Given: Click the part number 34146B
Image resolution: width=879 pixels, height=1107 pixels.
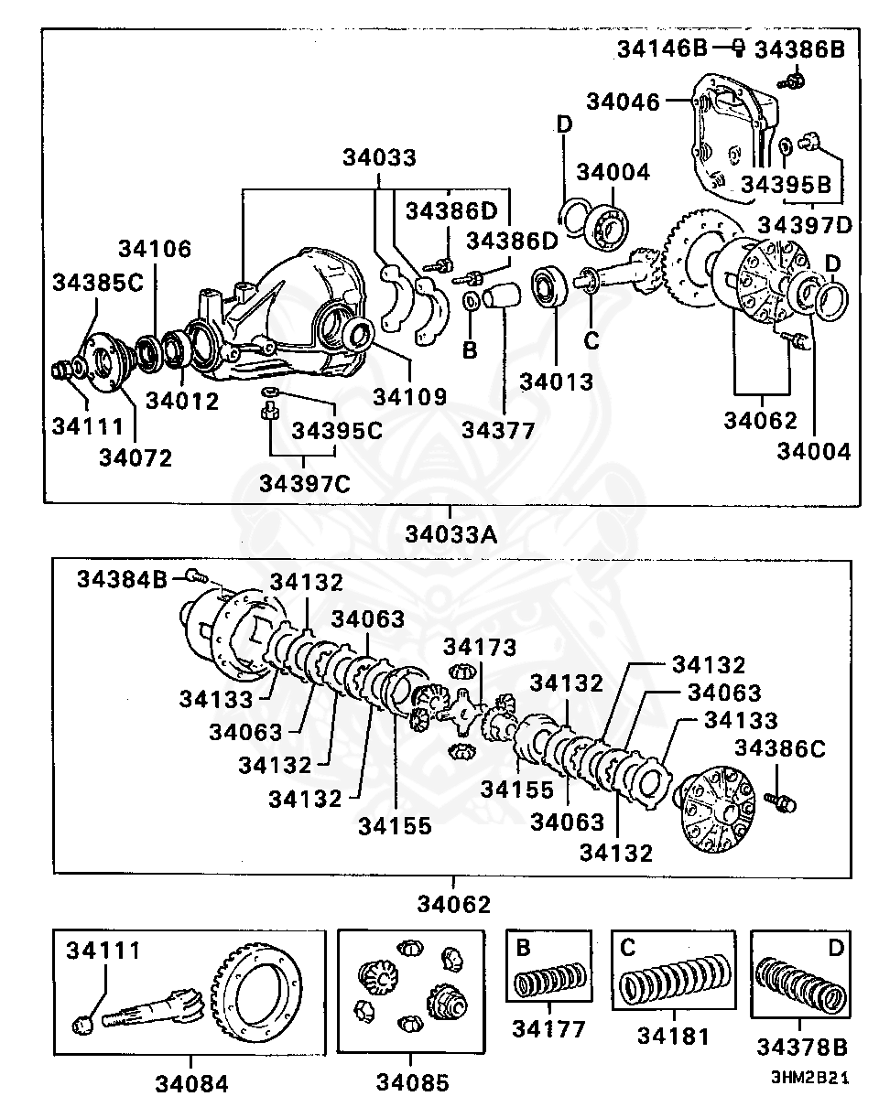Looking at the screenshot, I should pyautogui.click(x=662, y=48).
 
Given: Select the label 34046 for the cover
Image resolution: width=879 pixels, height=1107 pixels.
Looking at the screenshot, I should pyautogui.click(x=623, y=102).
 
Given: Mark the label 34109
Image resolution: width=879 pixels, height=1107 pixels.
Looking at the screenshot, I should pyautogui.click(x=410, y=397).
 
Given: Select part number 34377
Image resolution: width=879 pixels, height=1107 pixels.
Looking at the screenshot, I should pyautogui.click(x=498, y=430).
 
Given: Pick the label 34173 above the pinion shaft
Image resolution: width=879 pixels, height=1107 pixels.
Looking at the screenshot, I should pyautogui.click(x=480, y=649).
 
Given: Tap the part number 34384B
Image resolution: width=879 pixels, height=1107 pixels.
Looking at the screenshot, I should pyautogui.click(x=123, y=578).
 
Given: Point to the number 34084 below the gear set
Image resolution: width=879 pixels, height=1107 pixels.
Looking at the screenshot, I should pyautogui.click(x=191, y=1084).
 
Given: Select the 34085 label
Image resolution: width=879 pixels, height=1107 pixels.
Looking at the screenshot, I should pyautogui.click(x=413, y=1083).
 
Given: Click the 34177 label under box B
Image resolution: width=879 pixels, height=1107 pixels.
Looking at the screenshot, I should pyautogui.click(x=548, y=1029).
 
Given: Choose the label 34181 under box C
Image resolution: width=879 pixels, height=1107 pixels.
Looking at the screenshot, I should pyautogui.click(x=673, y=1036).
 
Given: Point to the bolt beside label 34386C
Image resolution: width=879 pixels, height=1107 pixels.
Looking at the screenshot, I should pyautogui.click(x=781, y=801).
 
